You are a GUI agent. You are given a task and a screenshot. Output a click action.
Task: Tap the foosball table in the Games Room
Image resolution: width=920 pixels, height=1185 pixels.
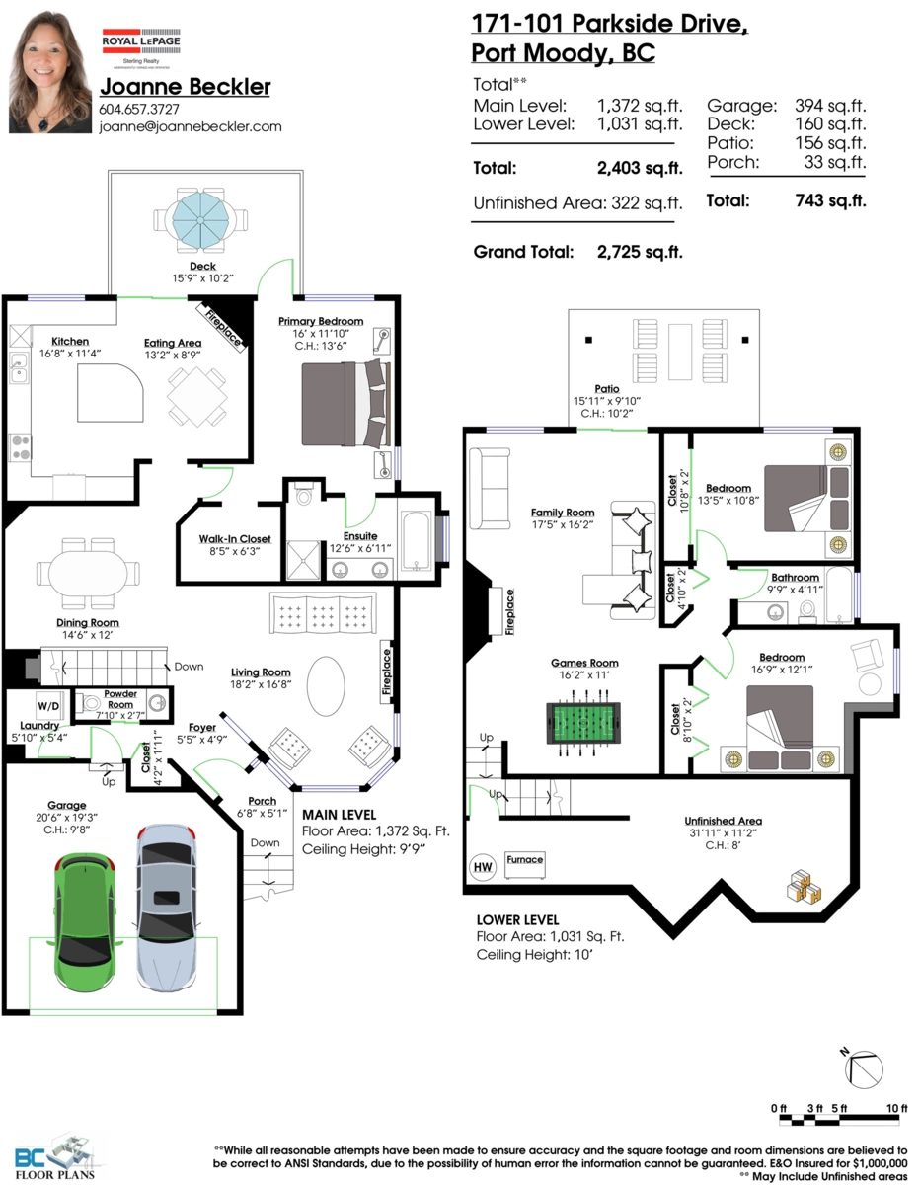583,723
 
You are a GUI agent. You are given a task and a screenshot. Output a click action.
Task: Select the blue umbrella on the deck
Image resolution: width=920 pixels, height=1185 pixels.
200,220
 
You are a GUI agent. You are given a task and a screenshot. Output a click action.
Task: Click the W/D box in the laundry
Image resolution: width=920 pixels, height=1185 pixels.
48,706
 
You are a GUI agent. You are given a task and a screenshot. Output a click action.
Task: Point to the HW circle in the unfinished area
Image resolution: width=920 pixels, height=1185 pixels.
483,866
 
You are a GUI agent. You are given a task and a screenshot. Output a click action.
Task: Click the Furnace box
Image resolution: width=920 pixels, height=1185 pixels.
525,865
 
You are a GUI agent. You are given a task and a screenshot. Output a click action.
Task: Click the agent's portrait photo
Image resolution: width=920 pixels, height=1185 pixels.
49,72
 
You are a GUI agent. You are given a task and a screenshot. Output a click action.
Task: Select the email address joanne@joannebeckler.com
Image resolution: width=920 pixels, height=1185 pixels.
191,127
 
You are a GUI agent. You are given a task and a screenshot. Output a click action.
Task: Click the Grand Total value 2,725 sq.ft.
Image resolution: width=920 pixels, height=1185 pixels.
640,252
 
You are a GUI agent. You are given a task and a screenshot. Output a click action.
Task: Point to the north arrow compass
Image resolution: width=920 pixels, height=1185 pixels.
863,1069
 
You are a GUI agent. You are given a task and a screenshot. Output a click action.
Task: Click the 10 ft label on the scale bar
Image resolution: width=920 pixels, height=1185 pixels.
896,1108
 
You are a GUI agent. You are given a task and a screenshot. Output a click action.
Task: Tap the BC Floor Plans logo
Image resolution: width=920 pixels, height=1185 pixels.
54,1156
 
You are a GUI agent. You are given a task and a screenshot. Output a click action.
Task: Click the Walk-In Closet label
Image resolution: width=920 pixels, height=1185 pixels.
235,539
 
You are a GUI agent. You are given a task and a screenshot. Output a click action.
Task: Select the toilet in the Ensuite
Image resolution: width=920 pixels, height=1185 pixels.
303,495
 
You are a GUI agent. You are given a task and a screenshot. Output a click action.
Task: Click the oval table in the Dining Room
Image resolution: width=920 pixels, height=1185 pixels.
88,573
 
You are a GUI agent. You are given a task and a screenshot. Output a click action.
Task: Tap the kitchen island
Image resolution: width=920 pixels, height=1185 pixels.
111,393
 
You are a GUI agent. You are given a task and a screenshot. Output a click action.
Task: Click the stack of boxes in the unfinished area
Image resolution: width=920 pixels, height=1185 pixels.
804,885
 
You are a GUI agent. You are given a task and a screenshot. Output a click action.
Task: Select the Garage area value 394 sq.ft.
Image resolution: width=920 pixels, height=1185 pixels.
830,106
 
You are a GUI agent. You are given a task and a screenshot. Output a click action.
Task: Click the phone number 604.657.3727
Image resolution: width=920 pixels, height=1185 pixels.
139,109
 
